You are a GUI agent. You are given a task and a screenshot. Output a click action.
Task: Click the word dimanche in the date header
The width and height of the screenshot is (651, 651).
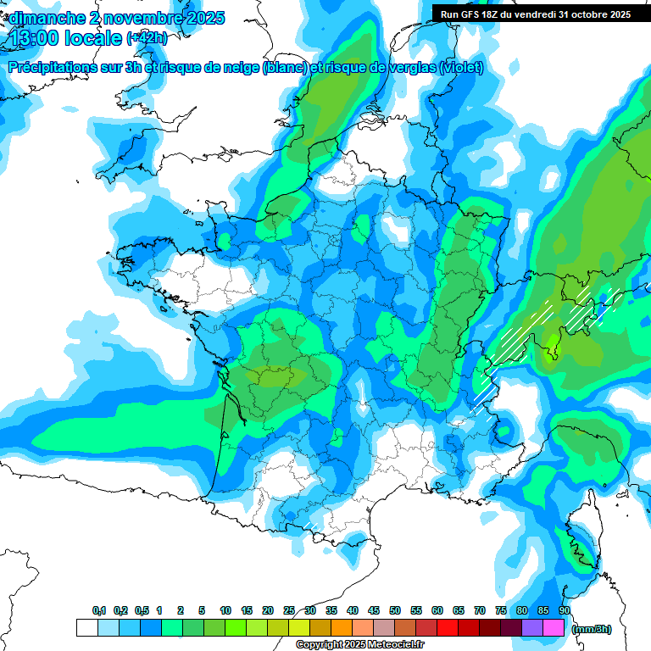click(x=47, y=17)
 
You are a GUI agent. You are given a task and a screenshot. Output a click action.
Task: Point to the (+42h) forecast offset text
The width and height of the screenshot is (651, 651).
click(x=147, y=38)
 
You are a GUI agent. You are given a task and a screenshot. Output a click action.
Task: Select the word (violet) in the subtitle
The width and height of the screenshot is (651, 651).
click(x=462, y=68)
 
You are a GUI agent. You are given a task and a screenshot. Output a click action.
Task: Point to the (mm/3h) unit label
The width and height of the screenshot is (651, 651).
click(x=592, y=629)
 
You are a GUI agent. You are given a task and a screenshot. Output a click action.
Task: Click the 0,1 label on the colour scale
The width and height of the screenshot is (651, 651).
click(x=98, y=611)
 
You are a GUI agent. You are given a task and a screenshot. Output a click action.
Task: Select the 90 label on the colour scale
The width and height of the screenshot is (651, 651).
click(x=565, y=611)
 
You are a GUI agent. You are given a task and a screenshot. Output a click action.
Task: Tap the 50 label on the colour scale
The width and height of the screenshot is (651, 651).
click(x=395, y=611)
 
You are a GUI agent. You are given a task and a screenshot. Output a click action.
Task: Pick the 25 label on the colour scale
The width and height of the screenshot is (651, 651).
click(x=289, y=611)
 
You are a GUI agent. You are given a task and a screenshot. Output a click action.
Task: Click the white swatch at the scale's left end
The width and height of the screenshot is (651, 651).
click(x=86, y=628)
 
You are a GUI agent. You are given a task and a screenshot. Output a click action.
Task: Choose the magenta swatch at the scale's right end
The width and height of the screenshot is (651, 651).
click(x=554, y=628)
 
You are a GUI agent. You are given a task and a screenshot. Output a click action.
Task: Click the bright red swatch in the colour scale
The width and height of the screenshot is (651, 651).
click(x=448, y=628)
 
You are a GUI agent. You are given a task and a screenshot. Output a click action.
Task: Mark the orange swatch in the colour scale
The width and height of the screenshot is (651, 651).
click(x=342, y=628)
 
